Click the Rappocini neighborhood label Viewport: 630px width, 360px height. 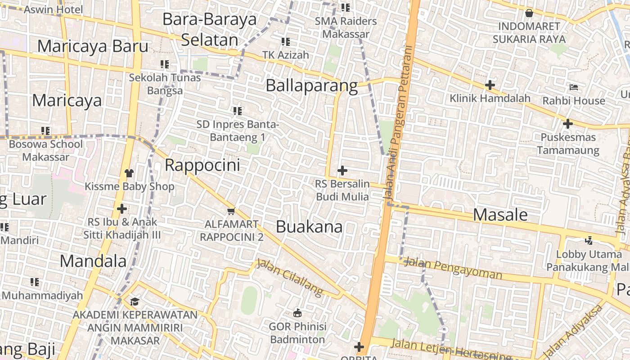202,165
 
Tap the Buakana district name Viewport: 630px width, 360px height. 309,227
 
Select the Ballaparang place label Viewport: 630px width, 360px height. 311,85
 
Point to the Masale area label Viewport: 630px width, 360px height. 500,215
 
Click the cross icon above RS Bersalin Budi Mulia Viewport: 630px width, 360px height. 342,171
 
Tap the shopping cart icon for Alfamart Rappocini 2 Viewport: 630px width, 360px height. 231,211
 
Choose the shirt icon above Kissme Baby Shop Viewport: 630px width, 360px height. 129,173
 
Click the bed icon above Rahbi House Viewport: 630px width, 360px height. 573,87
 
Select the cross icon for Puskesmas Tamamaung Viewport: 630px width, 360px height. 568,123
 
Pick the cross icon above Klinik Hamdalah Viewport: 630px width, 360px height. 490,85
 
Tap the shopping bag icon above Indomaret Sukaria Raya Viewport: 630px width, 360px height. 529,13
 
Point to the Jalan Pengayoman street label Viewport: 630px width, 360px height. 453,268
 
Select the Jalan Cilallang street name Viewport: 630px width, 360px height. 290,277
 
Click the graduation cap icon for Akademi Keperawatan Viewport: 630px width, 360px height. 135,301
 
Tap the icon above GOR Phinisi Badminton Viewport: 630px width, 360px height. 297,312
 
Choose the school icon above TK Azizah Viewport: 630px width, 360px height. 286,42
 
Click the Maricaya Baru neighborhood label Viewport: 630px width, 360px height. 93,46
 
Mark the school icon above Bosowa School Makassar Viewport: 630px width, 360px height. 45,131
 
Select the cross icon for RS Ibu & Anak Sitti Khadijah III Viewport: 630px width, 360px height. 121,209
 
